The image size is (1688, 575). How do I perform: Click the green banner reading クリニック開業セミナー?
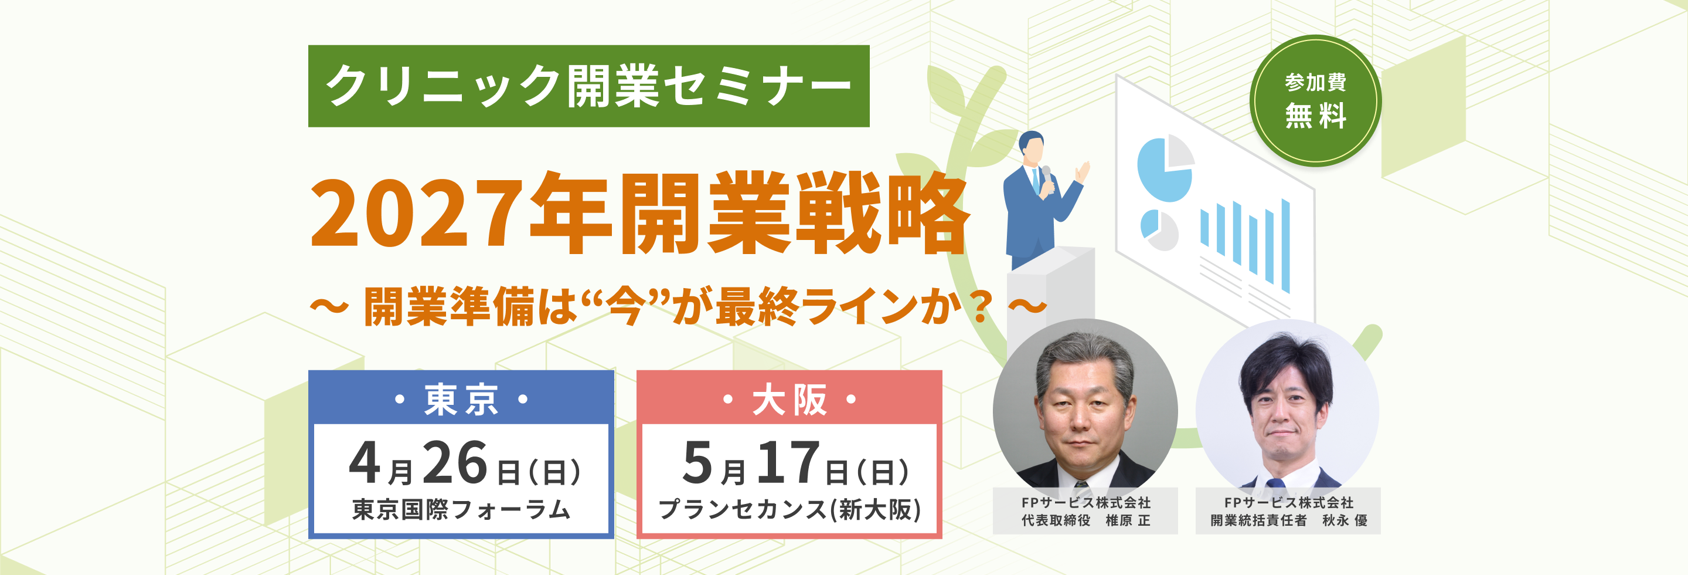coord(588,86)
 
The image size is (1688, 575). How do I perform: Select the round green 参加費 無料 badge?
coord(1315,100)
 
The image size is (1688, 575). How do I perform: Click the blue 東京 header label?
coord(461,398)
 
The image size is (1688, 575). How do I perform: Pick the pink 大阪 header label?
coord(789,398)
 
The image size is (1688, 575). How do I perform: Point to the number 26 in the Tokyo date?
coord(455,463)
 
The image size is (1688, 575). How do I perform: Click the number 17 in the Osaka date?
coord(788,463)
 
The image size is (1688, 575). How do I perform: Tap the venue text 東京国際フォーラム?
coord(461,509)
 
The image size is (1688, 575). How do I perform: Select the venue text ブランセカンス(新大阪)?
coord(789,509)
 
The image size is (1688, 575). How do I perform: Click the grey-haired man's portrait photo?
coord(1084,410)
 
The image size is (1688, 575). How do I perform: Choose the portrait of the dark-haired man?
coord(1287,410)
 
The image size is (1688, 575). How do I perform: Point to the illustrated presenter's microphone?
coord(1046,174)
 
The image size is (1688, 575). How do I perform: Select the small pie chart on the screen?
coord(1159,229)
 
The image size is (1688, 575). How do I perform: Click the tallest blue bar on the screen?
coord(1285,246)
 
